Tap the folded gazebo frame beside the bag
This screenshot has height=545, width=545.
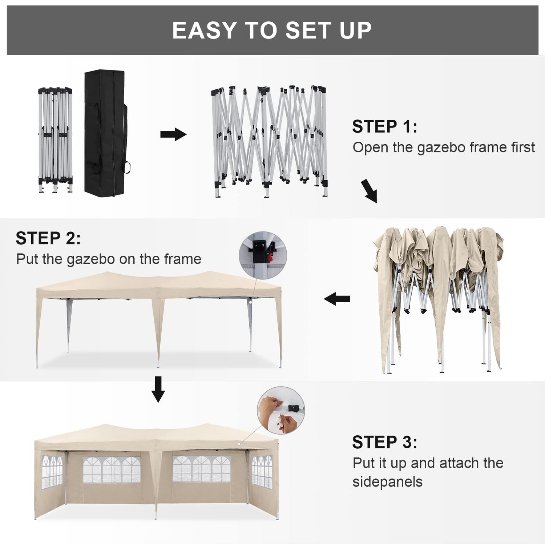pos(55,140)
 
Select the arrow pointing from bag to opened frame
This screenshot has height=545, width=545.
pos(173,134)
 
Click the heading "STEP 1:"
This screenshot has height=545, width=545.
pos(384,126)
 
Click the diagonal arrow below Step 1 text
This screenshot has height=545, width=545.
pos(369,191)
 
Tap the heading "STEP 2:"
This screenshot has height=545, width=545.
pos(48,238)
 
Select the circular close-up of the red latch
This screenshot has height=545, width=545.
pos(263,255)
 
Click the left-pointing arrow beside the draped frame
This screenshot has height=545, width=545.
pos(337,299)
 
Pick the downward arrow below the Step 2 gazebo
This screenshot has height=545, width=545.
pos(158,389)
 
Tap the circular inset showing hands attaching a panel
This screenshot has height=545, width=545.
pos(281,410)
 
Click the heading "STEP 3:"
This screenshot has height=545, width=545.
pos(384,442)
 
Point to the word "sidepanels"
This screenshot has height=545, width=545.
pos(387,482)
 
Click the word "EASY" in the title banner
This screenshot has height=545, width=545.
pos(205,30)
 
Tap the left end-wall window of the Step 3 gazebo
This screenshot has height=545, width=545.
pos(52,471)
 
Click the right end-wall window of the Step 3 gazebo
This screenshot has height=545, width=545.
pos(262,471)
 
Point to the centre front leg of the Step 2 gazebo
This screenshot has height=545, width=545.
pos(158,331)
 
